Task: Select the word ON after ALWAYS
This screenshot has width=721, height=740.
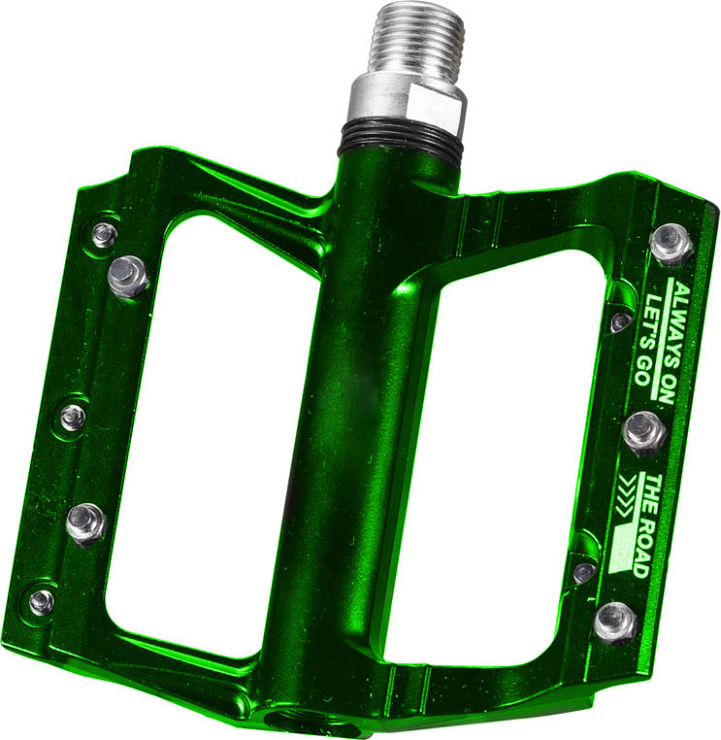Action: coord(667,389)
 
